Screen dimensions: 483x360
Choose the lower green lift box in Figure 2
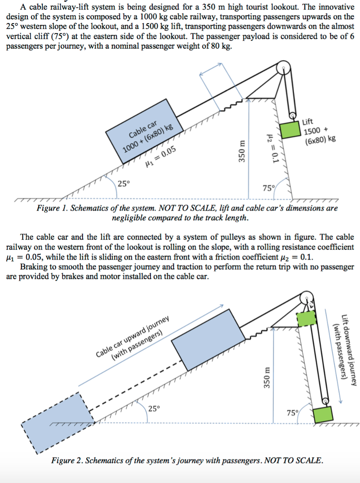[324, 414]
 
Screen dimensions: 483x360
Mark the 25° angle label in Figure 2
[154, 408]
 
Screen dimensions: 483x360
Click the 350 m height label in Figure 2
[267, 378]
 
